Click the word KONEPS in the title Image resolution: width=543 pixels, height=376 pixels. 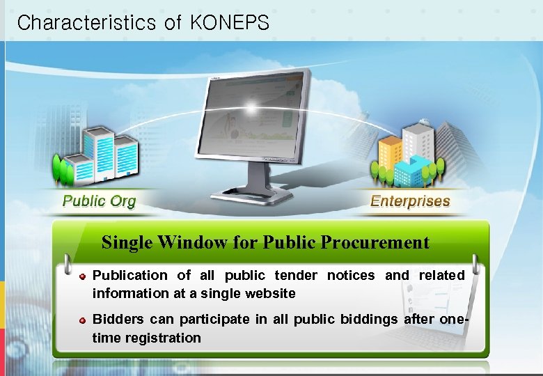coord(229,23)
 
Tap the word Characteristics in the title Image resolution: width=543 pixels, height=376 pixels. coord(86,23)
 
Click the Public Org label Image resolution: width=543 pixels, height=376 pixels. coord(100,202)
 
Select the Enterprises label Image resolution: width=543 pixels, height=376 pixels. coord(410,202)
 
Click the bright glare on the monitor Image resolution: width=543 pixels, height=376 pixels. coord(251,108)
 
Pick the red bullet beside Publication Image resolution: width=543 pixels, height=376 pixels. coord(83,276)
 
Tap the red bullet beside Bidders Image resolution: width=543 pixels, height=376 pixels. coord(83,320)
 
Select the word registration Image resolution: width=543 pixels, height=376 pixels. coord(163,338)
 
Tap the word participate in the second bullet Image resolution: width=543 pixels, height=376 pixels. coord(211,320)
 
